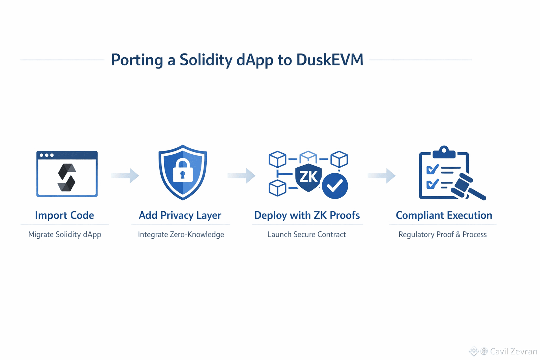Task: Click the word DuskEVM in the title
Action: tap(330, 60)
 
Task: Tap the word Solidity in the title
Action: tap(206, 60)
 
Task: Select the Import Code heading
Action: tap(64, 215)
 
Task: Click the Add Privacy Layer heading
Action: tap(180, 215)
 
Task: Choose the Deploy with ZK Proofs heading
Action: tap(307, 215)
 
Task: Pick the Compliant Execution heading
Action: tap(444, 215)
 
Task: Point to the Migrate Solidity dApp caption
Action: tap(65, 234)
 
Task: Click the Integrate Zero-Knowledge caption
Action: tap(181, 234)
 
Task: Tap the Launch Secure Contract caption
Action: tap(307, 234)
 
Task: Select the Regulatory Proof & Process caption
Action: tap(442, 234)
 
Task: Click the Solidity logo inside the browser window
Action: tap(67, 178)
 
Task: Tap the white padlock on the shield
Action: tap(183, 170)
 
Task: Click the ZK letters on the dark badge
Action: tap(308, 176)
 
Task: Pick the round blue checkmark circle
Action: tap(335, 186)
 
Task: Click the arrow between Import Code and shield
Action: tap(126, 175)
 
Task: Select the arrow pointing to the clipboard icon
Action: tap(382, 175)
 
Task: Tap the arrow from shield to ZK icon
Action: tap(242, 175)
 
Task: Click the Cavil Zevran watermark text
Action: tap(513, 351)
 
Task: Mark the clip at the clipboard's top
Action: tap(444, 152)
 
